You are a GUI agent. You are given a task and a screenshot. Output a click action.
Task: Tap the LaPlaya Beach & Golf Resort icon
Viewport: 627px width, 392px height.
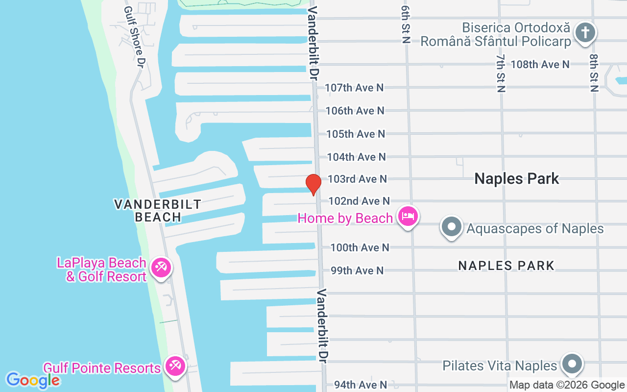point(160,268)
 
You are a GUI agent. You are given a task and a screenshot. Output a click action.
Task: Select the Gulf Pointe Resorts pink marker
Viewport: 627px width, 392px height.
point(174,366)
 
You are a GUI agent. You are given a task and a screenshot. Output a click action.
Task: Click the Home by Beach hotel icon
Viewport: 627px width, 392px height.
point(408,216)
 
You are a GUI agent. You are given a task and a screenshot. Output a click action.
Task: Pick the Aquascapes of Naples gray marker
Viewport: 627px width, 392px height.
point(452,227)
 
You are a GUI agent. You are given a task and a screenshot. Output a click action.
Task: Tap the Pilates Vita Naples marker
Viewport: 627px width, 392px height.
point(572,364)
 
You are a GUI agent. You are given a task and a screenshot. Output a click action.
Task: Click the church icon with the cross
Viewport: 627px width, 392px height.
point(584,33)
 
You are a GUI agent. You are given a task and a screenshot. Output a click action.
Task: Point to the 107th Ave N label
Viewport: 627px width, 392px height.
point(355,88)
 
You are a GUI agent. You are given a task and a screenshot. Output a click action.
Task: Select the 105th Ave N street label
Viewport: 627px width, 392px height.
point(356,134)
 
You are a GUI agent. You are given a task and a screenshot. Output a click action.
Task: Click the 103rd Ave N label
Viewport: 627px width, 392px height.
point(357,179)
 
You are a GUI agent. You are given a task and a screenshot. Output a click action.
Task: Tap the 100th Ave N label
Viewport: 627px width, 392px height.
point(360,247)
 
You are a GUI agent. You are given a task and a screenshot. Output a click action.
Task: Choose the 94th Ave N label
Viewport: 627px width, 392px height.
point(361,385)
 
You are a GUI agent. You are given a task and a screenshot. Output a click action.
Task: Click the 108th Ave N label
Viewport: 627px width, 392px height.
point(540,64)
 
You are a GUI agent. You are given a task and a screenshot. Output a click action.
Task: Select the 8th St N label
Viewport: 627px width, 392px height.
point(594,73)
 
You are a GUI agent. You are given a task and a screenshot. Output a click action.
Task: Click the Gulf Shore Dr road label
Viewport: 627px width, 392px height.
point(135,37)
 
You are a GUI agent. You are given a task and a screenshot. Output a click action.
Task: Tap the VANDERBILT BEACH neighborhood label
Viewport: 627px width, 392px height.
point(158,210)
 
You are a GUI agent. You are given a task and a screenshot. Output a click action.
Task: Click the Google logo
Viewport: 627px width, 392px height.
point(33,380)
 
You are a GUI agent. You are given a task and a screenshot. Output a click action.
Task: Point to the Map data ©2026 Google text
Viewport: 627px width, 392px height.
point(567,385)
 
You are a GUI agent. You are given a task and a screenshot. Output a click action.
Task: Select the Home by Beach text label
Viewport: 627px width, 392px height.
point(345,218)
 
